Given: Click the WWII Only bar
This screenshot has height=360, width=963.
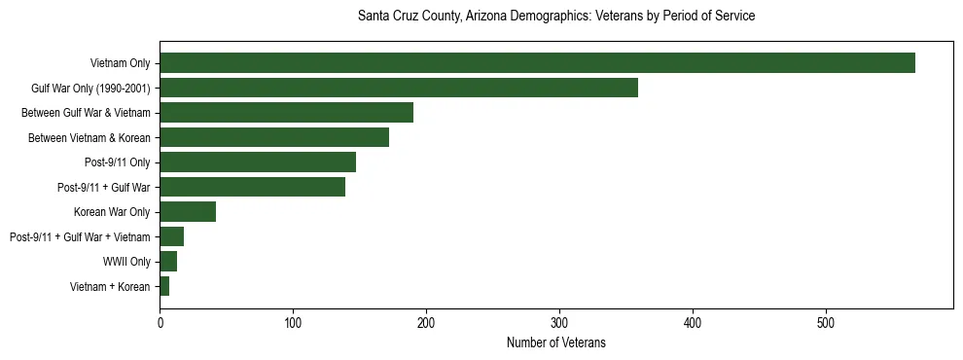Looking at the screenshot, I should pos(168,262).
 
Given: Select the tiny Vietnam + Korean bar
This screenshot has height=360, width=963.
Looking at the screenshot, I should pos(164,286).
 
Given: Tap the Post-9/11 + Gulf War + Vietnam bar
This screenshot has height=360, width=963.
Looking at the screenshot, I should pos(171,236).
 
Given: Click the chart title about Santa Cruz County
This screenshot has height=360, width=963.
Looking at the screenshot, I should pos(556,17).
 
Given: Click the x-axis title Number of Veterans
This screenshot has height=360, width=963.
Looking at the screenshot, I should pos(556,343).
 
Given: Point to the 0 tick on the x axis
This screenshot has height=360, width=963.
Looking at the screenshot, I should pos(160,322).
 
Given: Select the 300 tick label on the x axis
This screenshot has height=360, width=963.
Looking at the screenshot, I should pos(559,322).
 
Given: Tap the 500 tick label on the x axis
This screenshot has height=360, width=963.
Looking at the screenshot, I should pos(826,322).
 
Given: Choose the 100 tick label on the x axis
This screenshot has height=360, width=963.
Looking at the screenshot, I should pos(293,322).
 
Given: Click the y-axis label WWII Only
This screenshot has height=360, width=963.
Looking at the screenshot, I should pos(126,262).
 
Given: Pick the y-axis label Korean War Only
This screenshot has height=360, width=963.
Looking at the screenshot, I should pos(112,212).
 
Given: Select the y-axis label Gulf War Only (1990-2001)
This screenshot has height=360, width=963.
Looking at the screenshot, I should pos(90,88).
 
